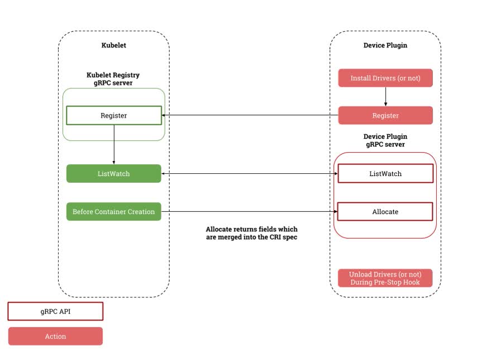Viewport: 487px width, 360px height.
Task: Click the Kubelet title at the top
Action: (x=113, y=45)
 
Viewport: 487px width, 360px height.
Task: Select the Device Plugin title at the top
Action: (x=385, y=45)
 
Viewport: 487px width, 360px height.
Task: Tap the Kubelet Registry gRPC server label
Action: (x=113, y=79)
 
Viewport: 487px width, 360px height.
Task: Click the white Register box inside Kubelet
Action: (x=114, y=116)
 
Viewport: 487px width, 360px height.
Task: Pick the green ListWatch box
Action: (x=114, y=174)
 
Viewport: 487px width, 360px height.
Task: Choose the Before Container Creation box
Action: (x=114, y=212)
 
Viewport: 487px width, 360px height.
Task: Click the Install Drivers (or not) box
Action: (x=385, y=78)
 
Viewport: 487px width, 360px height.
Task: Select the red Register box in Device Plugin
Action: (x=385, y=116)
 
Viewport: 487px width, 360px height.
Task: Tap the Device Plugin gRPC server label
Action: (x=385, y=140)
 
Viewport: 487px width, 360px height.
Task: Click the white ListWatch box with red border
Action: (x=385, y=174)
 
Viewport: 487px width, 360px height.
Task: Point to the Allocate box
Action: (x=385, y=212)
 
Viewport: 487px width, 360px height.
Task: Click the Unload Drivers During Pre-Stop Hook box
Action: (x=385, y=278)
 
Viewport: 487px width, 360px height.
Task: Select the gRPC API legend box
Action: (x=55, y=312)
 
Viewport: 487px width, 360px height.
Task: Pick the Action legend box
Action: (x=55, y=337)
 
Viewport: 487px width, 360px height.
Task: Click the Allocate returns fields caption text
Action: (x=251, y=233)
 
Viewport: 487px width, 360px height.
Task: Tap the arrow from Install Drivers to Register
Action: (x=385, y=97)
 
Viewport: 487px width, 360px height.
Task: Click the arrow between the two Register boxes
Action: (x=250, y=116)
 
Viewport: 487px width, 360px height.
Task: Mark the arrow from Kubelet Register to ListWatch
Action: (x=114, y=144)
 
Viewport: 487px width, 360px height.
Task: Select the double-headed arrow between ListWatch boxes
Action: (x=250, y=174)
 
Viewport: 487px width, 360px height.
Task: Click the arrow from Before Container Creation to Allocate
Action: (x=250, y=212)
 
